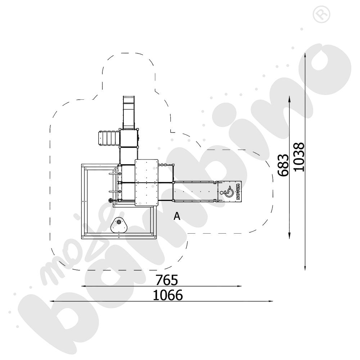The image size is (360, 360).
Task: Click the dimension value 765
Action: click(167, 280)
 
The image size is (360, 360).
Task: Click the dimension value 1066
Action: click(168, 295)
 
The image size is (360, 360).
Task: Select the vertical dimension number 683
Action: click(283, 165)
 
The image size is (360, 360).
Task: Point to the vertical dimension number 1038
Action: click(299, 157)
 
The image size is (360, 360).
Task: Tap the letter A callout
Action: click(177, 216)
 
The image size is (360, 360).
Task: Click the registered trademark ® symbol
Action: click(321, 14)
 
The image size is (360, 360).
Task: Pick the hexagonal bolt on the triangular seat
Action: click(119, 222)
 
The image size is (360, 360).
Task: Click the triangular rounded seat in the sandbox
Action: click(119, 225)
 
